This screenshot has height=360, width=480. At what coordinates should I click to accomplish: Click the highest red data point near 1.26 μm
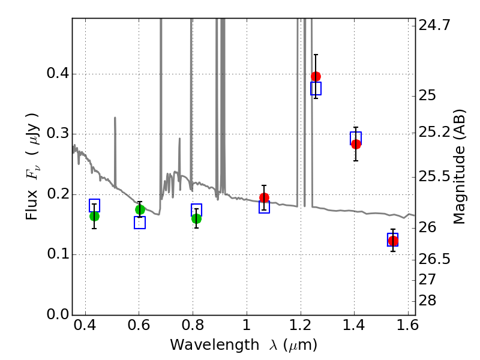(316, 76)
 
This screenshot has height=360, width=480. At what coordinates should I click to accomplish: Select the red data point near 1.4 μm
(356, 144)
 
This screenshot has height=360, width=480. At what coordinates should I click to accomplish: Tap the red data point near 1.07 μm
(264, 197)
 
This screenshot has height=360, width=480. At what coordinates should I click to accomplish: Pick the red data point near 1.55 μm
(393, 241)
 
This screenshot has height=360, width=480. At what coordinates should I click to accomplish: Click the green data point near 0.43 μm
(94, 216)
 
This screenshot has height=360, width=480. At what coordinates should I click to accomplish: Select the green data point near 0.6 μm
(140, 209)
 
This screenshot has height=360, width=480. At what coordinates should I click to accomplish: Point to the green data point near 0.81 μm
(196, 218)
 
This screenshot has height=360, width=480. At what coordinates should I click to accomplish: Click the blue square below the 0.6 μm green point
(140, 223)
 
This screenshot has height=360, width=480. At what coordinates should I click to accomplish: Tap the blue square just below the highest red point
(316, 88)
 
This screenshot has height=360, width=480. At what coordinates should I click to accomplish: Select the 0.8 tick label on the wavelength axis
(193, 327)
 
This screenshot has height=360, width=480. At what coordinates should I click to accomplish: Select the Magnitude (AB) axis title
(460, 166)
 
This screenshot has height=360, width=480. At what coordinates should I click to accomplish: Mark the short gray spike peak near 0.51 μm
(115, 118)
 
